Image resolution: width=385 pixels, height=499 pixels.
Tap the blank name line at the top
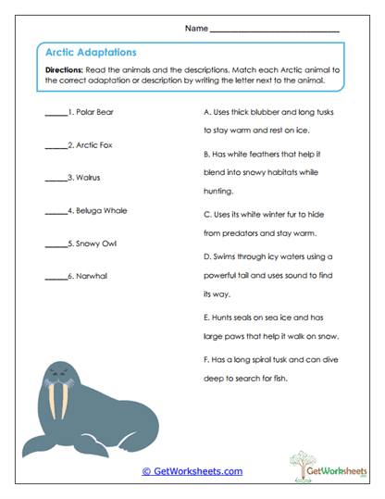click(275, 30)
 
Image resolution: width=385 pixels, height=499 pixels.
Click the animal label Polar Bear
click(95, 112)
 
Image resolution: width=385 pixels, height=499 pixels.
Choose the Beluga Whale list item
click(102, 210)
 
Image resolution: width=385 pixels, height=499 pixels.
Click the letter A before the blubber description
click(206, 112)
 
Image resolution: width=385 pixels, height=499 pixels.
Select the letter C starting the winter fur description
click(206, 213)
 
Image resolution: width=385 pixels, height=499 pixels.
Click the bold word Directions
click(65, 70)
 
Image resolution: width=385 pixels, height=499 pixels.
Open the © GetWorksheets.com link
click(192, 471)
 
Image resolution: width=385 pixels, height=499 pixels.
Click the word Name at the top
click(196, 28)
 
